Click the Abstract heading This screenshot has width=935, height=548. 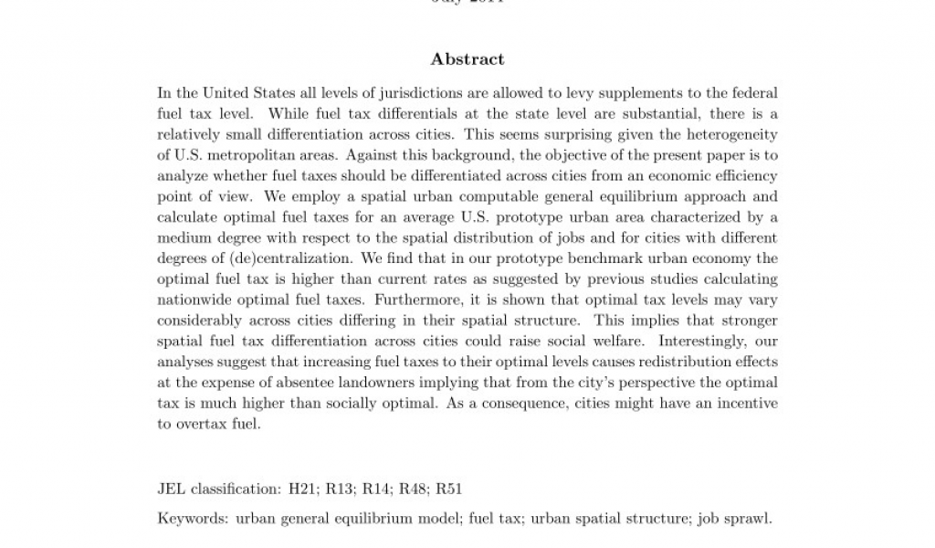(467, 59)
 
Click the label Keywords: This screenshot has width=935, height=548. (193, 519)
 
